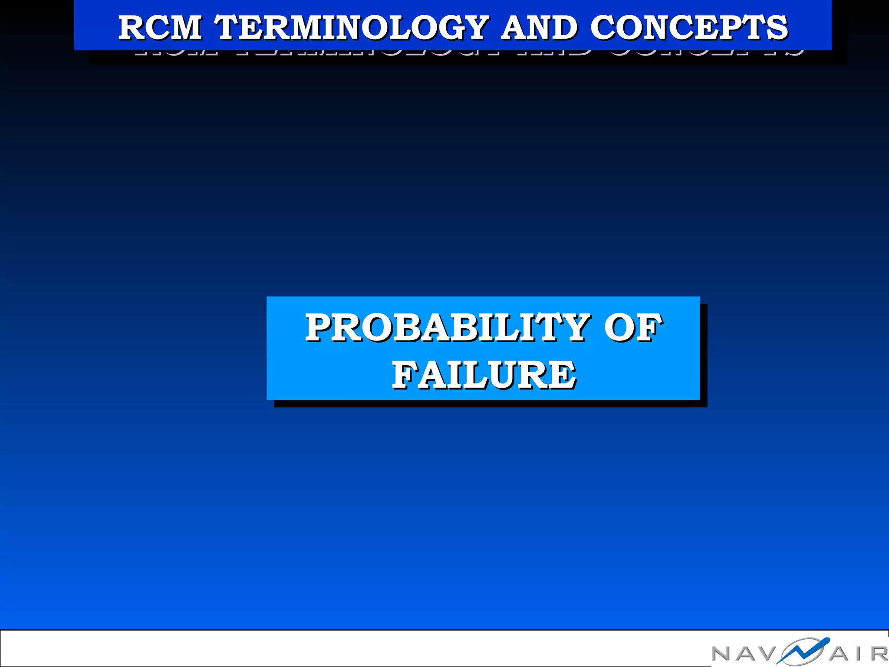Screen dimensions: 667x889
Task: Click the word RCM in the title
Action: click(160, 28)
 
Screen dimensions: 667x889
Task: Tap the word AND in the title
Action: click(540, 28)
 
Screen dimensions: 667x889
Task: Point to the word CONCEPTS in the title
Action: click(689, 28)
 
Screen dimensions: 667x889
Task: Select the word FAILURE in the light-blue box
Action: click(484, 375)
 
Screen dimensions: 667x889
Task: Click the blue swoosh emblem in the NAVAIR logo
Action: click(803, 650)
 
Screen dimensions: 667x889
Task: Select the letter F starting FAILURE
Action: click(405, 375)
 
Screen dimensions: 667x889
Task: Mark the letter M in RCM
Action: click(185, 28)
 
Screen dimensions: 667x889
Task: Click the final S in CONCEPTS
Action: click(777, 28)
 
